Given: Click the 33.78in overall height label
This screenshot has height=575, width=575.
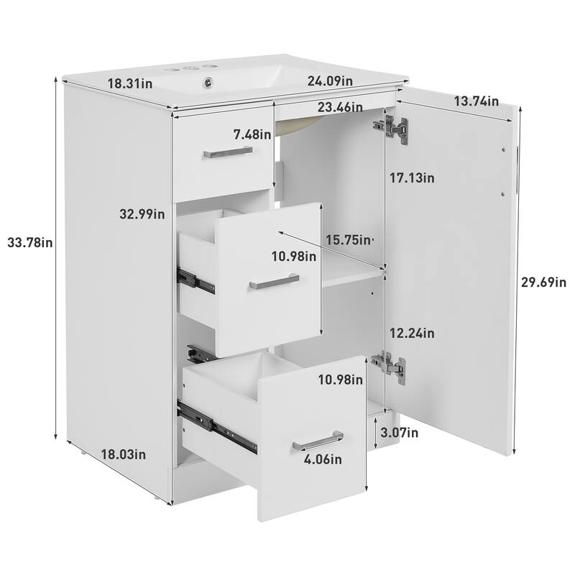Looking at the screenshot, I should click(29, 243).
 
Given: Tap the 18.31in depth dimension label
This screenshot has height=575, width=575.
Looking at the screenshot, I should click(129, 83).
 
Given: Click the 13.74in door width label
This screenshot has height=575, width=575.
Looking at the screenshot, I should click(476, 101).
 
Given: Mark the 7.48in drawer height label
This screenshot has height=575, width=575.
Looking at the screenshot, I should click(253, 134).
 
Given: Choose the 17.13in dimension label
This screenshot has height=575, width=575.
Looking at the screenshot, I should click(412, 178).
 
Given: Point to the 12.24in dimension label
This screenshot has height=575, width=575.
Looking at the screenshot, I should click(412, 333).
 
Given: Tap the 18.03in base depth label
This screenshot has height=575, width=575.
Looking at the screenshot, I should click(124, 454).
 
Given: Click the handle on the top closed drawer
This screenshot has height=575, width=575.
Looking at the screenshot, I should click(227, 152).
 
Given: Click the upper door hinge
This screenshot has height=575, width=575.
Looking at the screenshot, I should click(392, 126).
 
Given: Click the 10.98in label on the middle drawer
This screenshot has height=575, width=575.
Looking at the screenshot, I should click(294, 255).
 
